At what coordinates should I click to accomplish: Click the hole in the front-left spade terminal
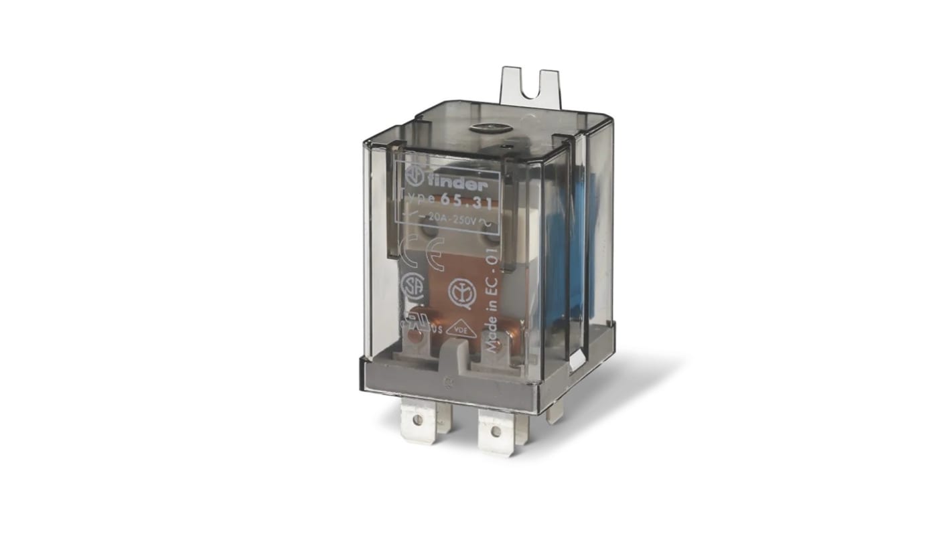click(418, 420)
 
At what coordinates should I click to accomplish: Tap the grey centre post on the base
click(453, 355)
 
